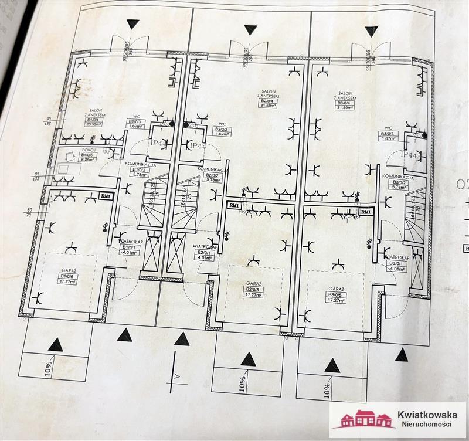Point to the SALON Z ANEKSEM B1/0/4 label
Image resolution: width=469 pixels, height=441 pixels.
coord(96,117)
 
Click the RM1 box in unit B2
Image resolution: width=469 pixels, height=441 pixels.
coord(234,205)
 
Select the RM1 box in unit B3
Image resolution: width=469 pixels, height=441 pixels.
coord(366,211)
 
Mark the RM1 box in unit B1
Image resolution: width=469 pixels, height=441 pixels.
coord(106,197)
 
